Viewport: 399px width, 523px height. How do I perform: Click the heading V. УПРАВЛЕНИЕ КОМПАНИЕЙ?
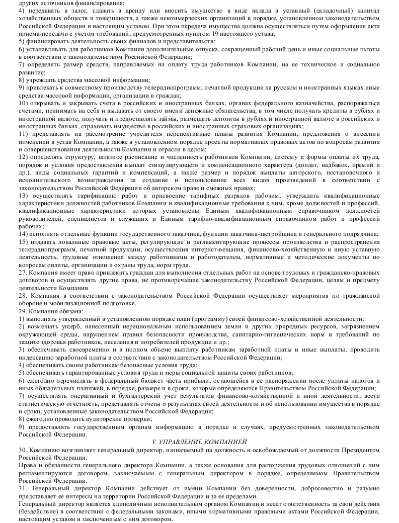coord(200,441)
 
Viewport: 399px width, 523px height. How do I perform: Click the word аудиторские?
coord(85,418)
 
